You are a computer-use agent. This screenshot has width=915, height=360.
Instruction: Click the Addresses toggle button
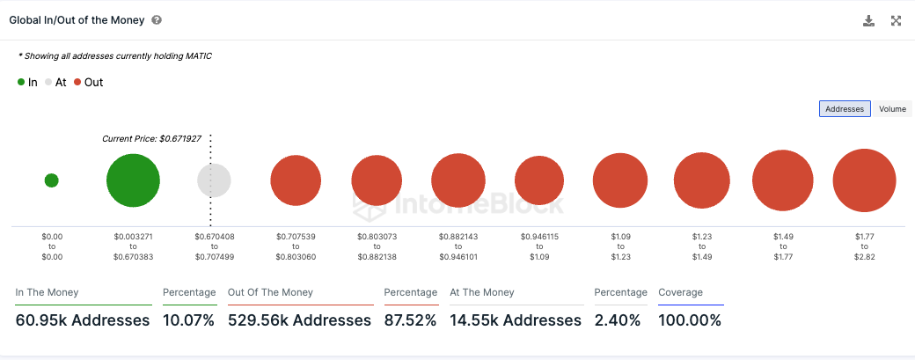click(x=845, y=109)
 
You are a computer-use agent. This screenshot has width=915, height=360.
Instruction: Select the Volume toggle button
click(x=891, y=109)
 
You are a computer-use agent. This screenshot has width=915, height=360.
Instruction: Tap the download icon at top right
click(x=869, y=21)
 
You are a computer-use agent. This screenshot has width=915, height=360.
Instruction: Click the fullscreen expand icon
click(x=897, y=21)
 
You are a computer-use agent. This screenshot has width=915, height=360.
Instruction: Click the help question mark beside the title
click(x=157, y=19)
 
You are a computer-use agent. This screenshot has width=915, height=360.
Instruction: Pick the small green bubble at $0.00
click(x=51, y=180)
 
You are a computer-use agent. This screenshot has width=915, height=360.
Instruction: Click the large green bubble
click(x=133, y=180)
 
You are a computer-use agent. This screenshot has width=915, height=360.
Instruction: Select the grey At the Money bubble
click(x=214, y=180)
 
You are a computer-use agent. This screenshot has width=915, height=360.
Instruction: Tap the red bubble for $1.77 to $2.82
click(x=864, y=180)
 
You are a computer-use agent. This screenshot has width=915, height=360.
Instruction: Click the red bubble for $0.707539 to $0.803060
click(x=296, y=180)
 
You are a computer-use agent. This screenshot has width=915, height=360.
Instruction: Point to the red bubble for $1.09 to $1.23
click(x=620, y=180)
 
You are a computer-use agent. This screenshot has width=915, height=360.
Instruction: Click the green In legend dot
click(x=21, y=83)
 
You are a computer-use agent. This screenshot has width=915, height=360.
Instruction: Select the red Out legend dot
click(x=77, y=83)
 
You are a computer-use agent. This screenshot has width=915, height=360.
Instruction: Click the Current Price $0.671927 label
click(x=151, y=139)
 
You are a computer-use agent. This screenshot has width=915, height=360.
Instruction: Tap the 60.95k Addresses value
click(x=83, y=320)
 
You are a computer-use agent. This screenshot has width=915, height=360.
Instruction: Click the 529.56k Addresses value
click(x=299, y=320)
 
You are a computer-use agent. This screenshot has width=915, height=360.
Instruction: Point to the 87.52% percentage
click(x=410, y=320)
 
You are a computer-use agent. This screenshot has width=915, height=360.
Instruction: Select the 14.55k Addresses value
click(x=516, y=320)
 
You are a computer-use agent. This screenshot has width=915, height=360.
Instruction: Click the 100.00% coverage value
click(x=690, y=320)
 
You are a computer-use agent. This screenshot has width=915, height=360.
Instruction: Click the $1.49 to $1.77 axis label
click(x=783, y=246)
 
